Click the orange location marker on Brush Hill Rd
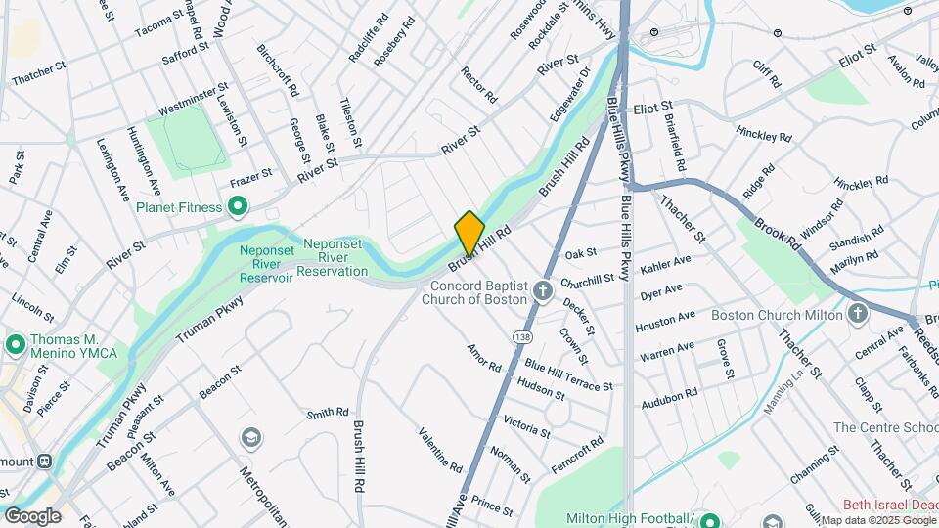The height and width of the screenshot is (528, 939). click(469, 233)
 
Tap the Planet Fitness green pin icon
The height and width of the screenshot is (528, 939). click(237, 207)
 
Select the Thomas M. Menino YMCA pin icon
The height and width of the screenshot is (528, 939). click(15, 345)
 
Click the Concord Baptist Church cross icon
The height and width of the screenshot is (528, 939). click(543, 291)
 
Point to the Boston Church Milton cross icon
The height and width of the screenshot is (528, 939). click(859, 314)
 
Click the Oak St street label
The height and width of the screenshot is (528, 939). click(581, 253)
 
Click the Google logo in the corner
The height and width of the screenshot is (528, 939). click(32, 516)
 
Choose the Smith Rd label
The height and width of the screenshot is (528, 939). click(327, 414)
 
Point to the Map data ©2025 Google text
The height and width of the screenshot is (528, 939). click(877, 520)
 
